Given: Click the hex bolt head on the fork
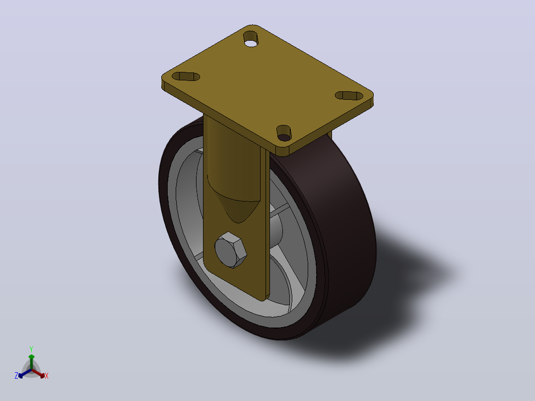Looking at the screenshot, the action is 231,250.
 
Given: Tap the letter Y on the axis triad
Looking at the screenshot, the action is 31,349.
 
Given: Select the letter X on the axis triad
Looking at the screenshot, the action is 47,376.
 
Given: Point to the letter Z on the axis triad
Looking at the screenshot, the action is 16,376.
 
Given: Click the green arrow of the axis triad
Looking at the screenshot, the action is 31,361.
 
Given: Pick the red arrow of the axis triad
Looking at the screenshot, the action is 38,373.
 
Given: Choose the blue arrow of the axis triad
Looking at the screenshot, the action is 25,373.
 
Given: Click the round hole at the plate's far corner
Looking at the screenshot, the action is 251,39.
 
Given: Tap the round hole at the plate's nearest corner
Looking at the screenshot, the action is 284,133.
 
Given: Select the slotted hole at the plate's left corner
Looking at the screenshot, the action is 186,76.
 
